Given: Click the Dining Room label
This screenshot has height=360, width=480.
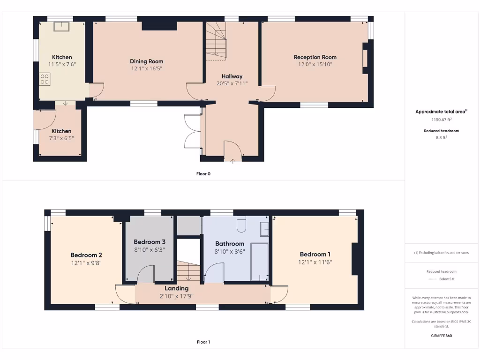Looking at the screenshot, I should pyautogui.click(x=146, y=61).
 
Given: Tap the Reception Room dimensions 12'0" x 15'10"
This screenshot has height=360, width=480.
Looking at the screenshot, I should pyautogui.click(x=315, y=64).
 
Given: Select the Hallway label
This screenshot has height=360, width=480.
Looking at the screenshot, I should pyautogui.click(x=232, y=76).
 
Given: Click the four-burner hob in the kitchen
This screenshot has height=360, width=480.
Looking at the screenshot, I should pyautogui.click(x=45, y=79).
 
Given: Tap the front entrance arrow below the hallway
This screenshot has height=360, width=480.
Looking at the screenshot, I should pyautogui.click(x=233, y=162).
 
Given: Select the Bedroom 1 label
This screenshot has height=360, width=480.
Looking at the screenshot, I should pyautogui.click(x=315, y=255).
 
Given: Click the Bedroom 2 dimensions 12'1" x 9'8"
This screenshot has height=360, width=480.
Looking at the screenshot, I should pyautogui.click(x=86, y=263).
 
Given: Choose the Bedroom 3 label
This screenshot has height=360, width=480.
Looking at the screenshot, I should pyautogui.click(x=149, y=242).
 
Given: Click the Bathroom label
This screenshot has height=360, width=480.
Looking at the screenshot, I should pyautogui.click(x=230, y=244).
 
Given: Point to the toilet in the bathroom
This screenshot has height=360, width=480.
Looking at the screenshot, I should pyautogui.click(x=241, y=225).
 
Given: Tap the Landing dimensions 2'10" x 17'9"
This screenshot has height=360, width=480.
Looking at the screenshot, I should pyautogui.click(x=176, y=296).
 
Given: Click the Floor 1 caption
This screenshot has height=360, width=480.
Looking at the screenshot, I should pyautogui.click(x=203, y=342).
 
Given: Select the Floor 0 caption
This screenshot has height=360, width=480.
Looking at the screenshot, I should pyautogui.click(x=203, y=174).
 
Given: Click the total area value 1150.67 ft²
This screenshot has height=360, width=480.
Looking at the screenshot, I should pyautogui.click(x=441, y=120).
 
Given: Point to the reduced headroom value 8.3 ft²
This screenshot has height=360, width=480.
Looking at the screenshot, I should pyautogui.click(x=441, y=138).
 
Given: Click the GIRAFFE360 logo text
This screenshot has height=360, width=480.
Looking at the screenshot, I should pyautogui.click(x=441, y=336).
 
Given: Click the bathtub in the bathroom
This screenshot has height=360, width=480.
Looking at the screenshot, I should pyautogui.click(x=259, y=261).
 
